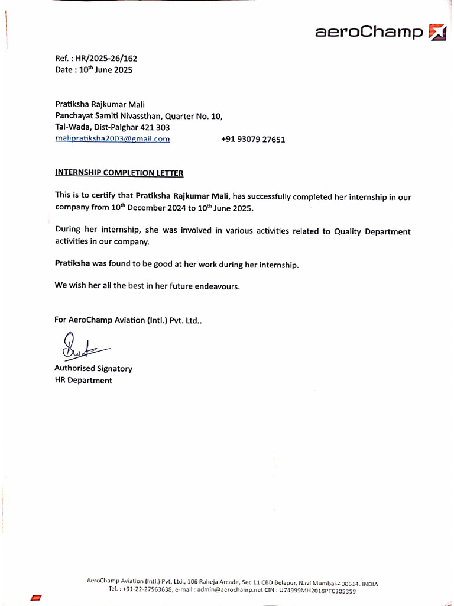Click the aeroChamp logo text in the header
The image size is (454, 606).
pos(369,32)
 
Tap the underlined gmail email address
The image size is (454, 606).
pos(112,139)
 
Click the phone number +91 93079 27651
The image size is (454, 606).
pos(253,140)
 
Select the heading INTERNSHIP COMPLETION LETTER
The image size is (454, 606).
pos(119,173)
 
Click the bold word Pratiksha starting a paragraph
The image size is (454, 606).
pos(73,265)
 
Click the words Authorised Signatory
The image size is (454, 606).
pos(93,369)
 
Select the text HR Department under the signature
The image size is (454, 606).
pos(83,381)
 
